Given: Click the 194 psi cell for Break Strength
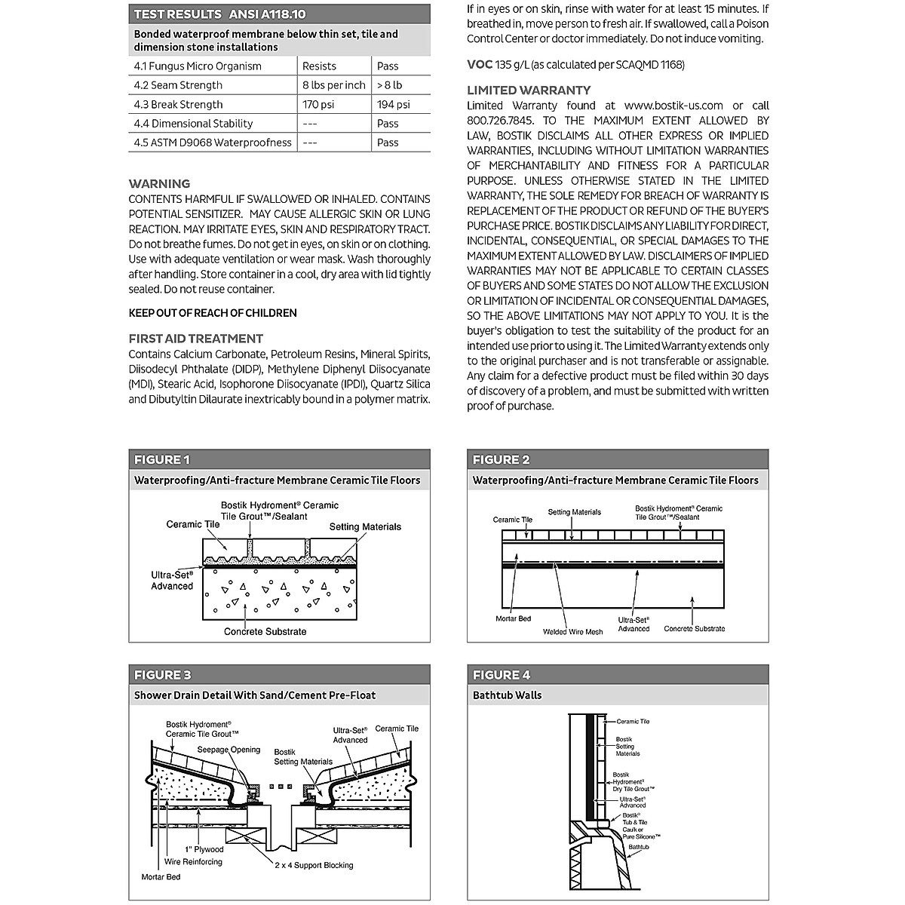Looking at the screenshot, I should tap(394, 105).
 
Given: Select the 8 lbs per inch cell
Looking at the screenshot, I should tap(333, 86).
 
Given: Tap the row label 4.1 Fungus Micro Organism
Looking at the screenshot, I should tap(198, 66).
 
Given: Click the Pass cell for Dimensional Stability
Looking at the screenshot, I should tap(388, 124).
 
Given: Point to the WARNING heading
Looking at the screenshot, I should tap(159, 184).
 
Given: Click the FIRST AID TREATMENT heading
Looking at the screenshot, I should tap(195, 339).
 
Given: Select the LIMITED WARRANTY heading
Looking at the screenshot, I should tap(529, 90).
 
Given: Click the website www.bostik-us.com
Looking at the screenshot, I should tap(673, 106).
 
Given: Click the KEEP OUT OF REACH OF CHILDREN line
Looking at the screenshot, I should tap(213, 313).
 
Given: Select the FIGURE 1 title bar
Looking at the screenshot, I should tap(279, 460).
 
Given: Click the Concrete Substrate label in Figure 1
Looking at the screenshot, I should tap(265, 631).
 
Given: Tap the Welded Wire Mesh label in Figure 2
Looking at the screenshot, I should tap(572, 632).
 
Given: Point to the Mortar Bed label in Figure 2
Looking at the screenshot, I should tap(513, 618).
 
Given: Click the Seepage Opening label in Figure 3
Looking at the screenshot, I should tap(229, 750).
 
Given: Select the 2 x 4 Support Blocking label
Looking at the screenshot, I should tap(313, 865).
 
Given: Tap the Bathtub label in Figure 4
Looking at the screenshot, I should tap(638, 848).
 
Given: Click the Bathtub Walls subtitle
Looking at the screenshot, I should tap(507, 695).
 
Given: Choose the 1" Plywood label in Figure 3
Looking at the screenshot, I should tap(204, 849).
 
